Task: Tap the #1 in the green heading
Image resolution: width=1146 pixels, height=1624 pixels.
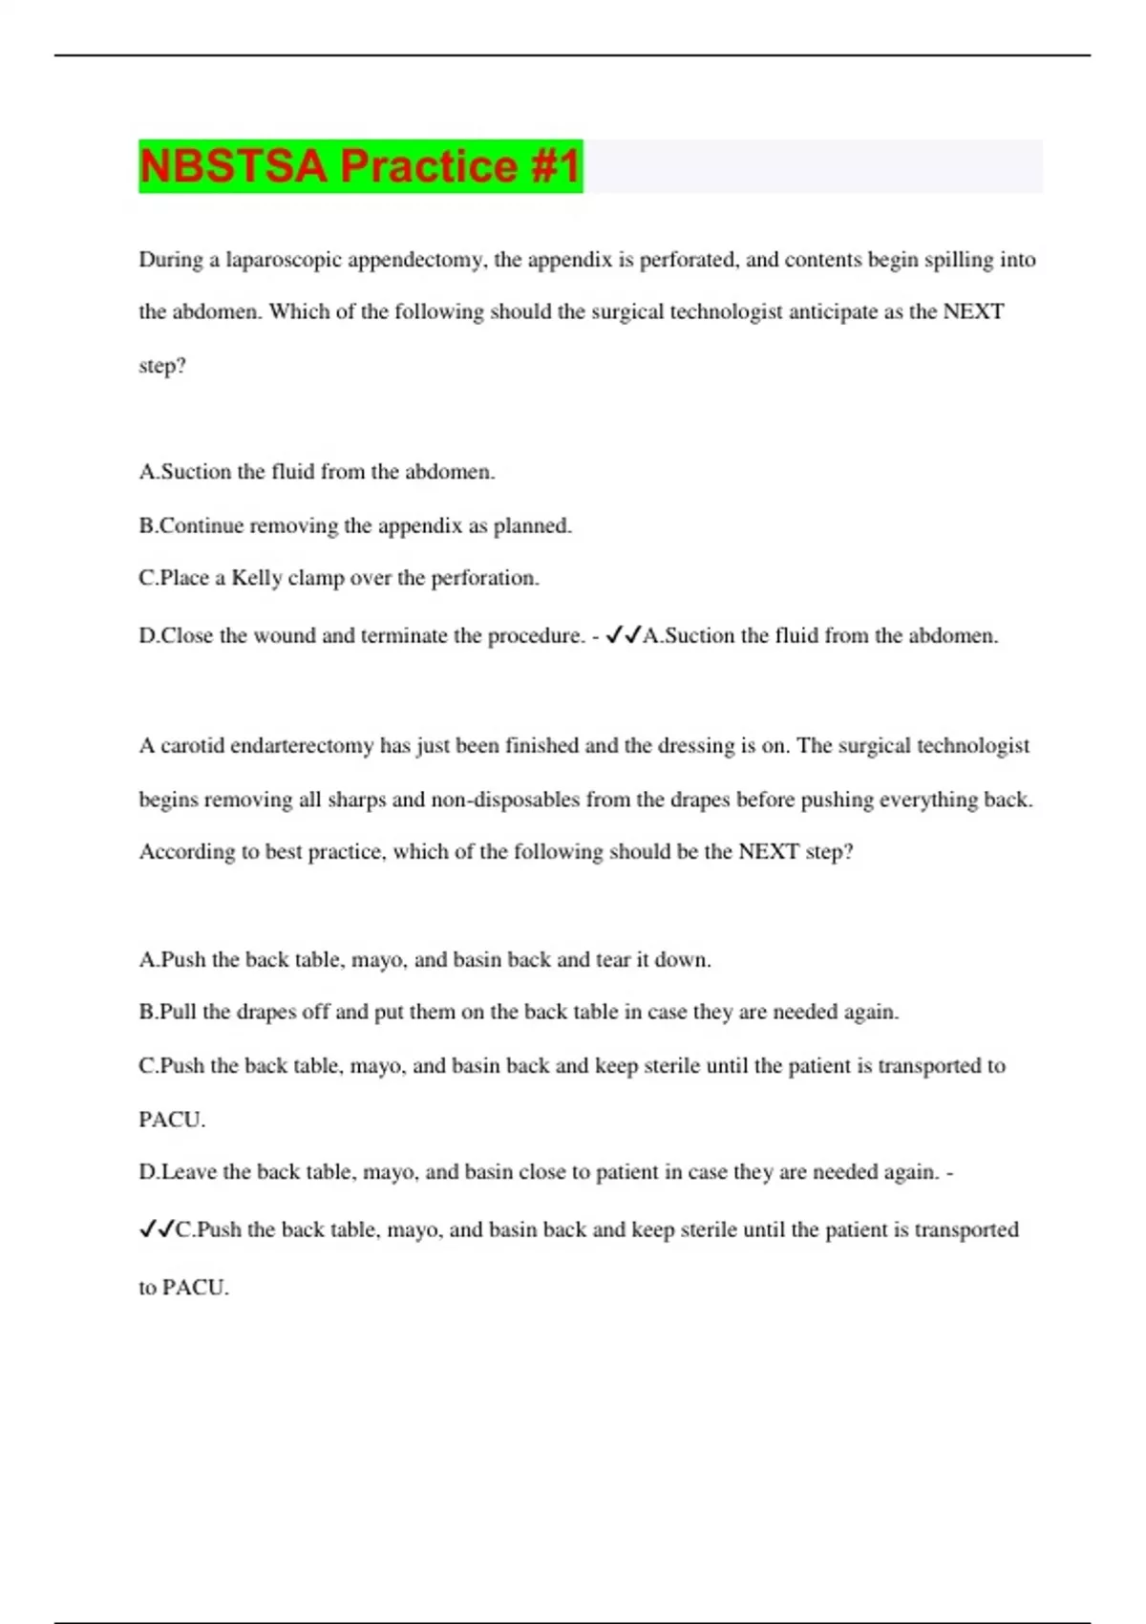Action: coord(553,166)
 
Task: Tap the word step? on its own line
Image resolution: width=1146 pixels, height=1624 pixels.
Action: coord(162,366)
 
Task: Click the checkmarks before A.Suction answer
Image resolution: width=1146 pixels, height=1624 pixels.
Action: coord(624,634)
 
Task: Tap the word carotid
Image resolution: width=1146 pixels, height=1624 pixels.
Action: coord(191,746)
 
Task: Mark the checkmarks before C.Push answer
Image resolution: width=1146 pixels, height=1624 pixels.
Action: coord(157,1229)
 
